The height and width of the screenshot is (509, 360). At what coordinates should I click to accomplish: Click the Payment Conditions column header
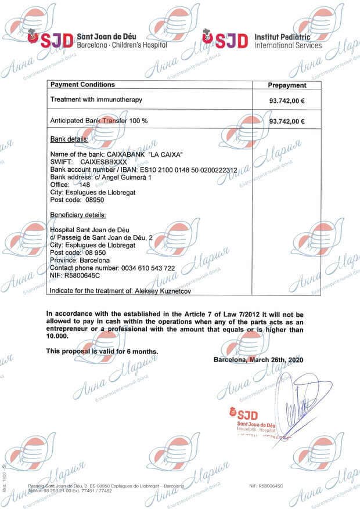click(x=82, y=85)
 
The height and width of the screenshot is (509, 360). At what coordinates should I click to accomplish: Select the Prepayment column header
click(x=287, y=85)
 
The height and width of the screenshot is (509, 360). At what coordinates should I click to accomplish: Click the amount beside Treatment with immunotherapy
click(x=287, y=100)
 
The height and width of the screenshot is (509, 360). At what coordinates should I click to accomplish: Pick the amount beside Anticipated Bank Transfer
click(x=287, y=121)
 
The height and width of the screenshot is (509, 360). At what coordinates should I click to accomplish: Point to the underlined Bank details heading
click(x=69, y=140)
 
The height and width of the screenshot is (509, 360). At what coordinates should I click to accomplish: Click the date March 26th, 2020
click(x=276, y=359)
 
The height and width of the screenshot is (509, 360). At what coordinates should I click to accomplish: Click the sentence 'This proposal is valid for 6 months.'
click(x=102, y=351)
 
